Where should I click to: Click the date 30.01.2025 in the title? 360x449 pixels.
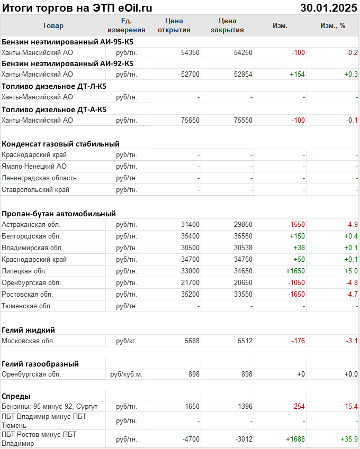pyautogui.click(x=329, y=7)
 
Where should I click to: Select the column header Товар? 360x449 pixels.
pyautogui.click(x=52, y=25)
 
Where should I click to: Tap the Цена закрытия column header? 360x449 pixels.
pyautogui.click(x=227, y=25)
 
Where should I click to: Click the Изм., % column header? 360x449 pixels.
pyautogui.click(x=332, y=25)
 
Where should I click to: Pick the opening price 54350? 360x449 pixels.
pyautogui.click(x=190, y=52)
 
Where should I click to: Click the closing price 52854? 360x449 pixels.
pyautogui.click(x=243, y=75)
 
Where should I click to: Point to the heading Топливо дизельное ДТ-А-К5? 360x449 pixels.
pyautogui.click(x=53, y=109)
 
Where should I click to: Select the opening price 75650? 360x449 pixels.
pyautogui.click(x=190, y=120)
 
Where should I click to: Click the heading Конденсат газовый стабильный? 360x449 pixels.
pyautogui.click(x=60, y=143)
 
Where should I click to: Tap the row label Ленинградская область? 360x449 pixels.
pyautogui.click(x=39, y=178)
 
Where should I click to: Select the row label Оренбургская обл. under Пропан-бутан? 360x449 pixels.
pyautogui.click(x=31, y=282)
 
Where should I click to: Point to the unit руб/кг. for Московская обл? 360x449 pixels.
pyautogui.click(x=127, y=341)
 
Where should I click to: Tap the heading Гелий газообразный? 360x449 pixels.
pyautogui.click(x=40, y=363)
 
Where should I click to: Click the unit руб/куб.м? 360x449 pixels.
pyautogui.click(x=127, y=374)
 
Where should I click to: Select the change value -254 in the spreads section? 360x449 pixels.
pyautogui.click(x=298, y=406)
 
